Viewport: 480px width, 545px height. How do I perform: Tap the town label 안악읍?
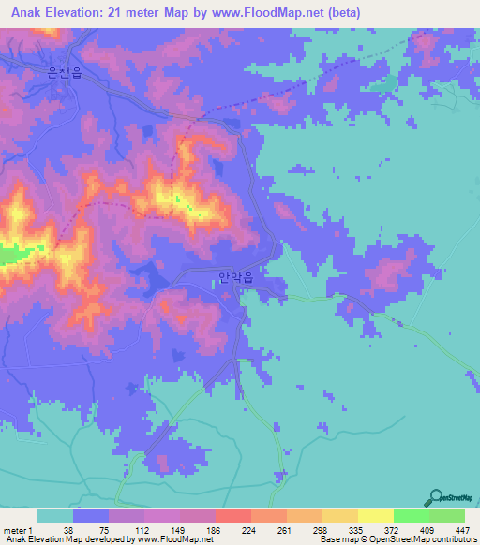pyautogui.click(x=235, y=278)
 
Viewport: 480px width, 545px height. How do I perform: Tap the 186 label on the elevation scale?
pyautogui.click(x=216, y=530)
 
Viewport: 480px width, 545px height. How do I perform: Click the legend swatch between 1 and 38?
pyautogui.click(x=55, y=516)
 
